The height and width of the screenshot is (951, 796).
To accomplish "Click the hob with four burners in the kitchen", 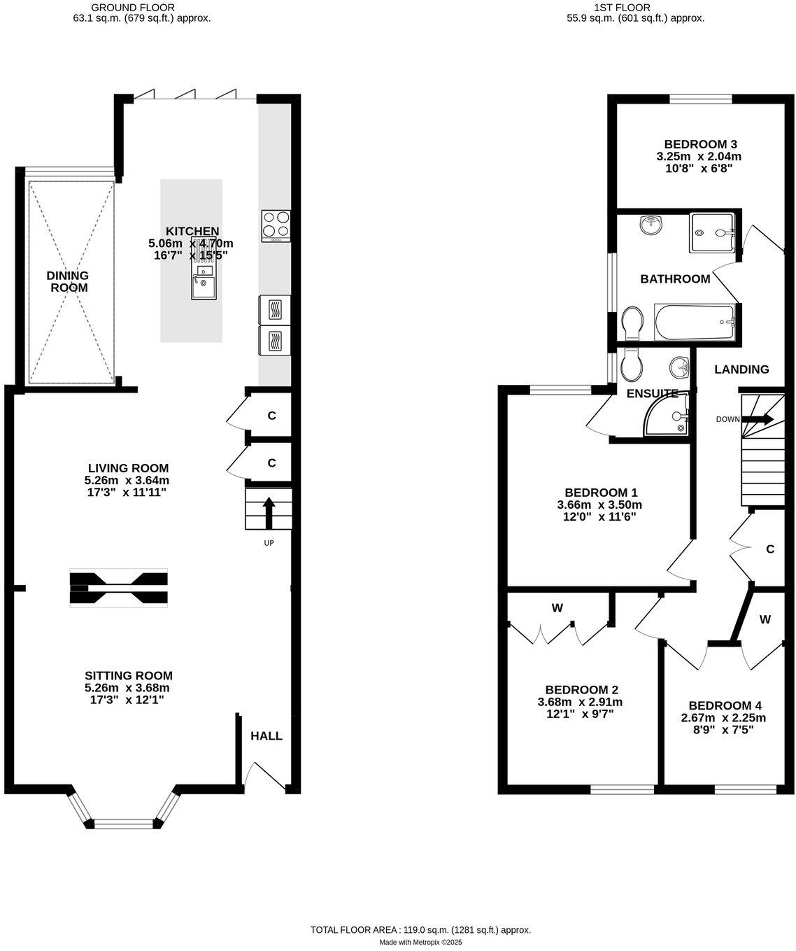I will click(276, 225).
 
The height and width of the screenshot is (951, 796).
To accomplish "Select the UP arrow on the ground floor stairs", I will click(268, 512).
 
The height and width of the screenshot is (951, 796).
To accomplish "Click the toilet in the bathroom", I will click(633, 323).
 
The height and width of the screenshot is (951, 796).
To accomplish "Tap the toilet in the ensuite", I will click(631, 364).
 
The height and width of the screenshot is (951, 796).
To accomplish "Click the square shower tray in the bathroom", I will click(713, 233).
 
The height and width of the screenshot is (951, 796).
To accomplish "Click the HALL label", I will click(266, 736).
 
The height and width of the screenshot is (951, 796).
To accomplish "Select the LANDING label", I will click(741, 369).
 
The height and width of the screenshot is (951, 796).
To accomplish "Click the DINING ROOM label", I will click(68, 281).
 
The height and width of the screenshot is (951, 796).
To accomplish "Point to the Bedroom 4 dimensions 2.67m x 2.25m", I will click(723, 718).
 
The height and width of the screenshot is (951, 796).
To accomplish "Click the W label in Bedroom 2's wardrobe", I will click(557, 608).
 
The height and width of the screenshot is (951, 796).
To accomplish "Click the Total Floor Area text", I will click(420, 930).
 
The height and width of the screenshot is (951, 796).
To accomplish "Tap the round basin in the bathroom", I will click(651, 225).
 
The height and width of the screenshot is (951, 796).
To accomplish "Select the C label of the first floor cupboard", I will click(770, 549).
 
